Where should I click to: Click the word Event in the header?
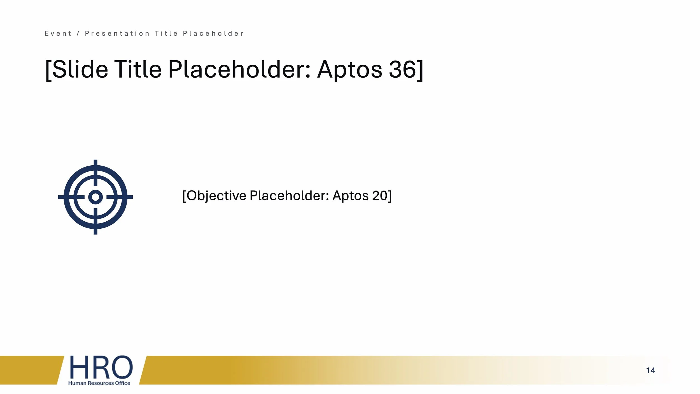tap(58, 34)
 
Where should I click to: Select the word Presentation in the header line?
tap(117, 34)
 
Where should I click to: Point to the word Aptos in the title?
tap(349, 70)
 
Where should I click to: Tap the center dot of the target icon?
tap(95, 197)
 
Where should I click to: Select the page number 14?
tap(650, 370)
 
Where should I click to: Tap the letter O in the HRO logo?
tap(121, 367)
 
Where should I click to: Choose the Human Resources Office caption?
tap(99, 383)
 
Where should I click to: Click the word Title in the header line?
tap(167, 34)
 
